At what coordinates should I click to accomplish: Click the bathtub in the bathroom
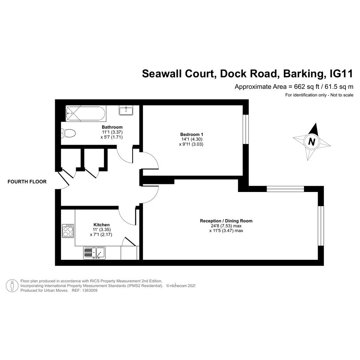86,114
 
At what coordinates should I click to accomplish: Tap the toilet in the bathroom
69,133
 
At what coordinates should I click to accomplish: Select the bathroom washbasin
126,110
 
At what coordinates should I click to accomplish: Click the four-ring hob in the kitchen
68,231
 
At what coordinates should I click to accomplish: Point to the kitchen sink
94,253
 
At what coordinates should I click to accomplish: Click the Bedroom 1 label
192,134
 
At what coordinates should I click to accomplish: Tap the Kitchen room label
101,225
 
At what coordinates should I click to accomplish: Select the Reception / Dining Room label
226,221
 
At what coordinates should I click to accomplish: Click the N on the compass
312,141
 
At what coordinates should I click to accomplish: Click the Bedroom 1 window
246,129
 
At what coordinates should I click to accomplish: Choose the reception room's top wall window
285,189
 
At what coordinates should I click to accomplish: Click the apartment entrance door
63,179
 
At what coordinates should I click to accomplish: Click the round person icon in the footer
12,286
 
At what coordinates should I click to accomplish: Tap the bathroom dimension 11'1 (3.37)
112,132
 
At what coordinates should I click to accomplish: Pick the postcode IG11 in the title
341,74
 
